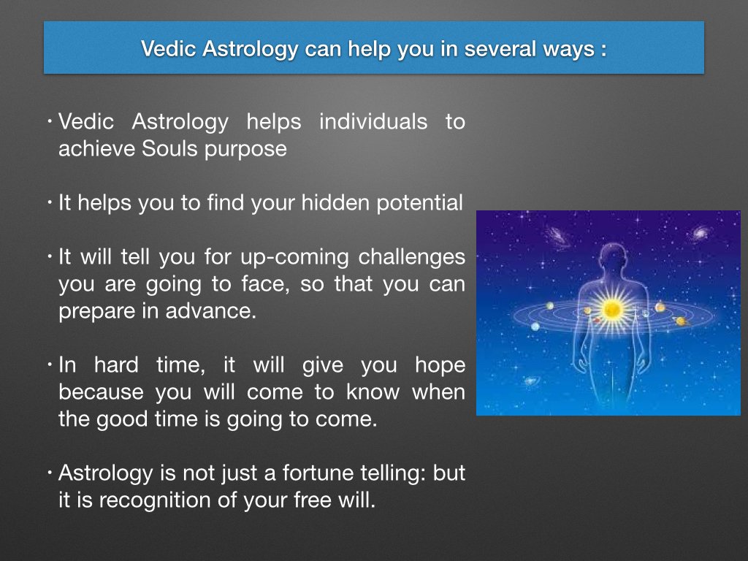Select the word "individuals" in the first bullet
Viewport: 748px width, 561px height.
coord(373,121)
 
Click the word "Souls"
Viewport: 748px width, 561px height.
coord(170,148)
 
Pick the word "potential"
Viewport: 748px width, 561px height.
coord(419,203)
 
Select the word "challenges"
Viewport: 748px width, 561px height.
coord(412,258)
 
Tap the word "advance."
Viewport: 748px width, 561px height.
coord(211,310)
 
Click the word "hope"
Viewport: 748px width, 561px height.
coord(440,366)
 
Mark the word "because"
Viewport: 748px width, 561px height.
coord(101,392)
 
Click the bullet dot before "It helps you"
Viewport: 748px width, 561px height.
coord(50,203)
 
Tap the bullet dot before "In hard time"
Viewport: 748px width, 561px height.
coord(50,365)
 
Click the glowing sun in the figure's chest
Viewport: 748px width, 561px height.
coord(611,309)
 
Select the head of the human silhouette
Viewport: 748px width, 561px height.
coord(613,257)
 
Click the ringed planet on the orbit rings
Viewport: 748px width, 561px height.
coord(681,321)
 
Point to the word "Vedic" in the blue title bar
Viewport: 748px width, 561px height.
coord(169,49)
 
